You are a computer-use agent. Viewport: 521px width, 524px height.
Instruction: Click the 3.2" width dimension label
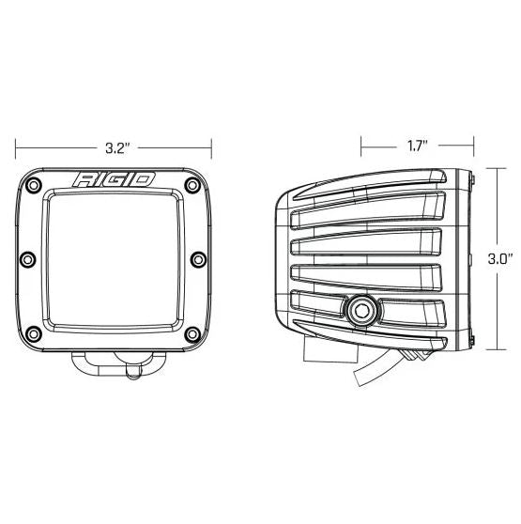pyautogui.click(x=115, y=147)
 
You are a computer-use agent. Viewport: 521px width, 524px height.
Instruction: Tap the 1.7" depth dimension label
pyautogui.click(x=417, y=146)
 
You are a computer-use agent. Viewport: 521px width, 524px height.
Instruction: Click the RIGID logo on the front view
pyautogui.click(x=115, y=179)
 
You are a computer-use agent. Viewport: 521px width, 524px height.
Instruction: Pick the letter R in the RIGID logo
pyautogui.click(x=84, y=179)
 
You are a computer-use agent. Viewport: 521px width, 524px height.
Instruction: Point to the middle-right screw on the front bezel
pyautogui.click(x=200, y=258)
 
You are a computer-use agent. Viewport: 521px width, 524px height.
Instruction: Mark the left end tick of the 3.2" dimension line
pyautogui.click(x=18, y=147)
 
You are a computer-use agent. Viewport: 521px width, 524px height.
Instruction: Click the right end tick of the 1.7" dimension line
pyautogui.click(x=469, y=146)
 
